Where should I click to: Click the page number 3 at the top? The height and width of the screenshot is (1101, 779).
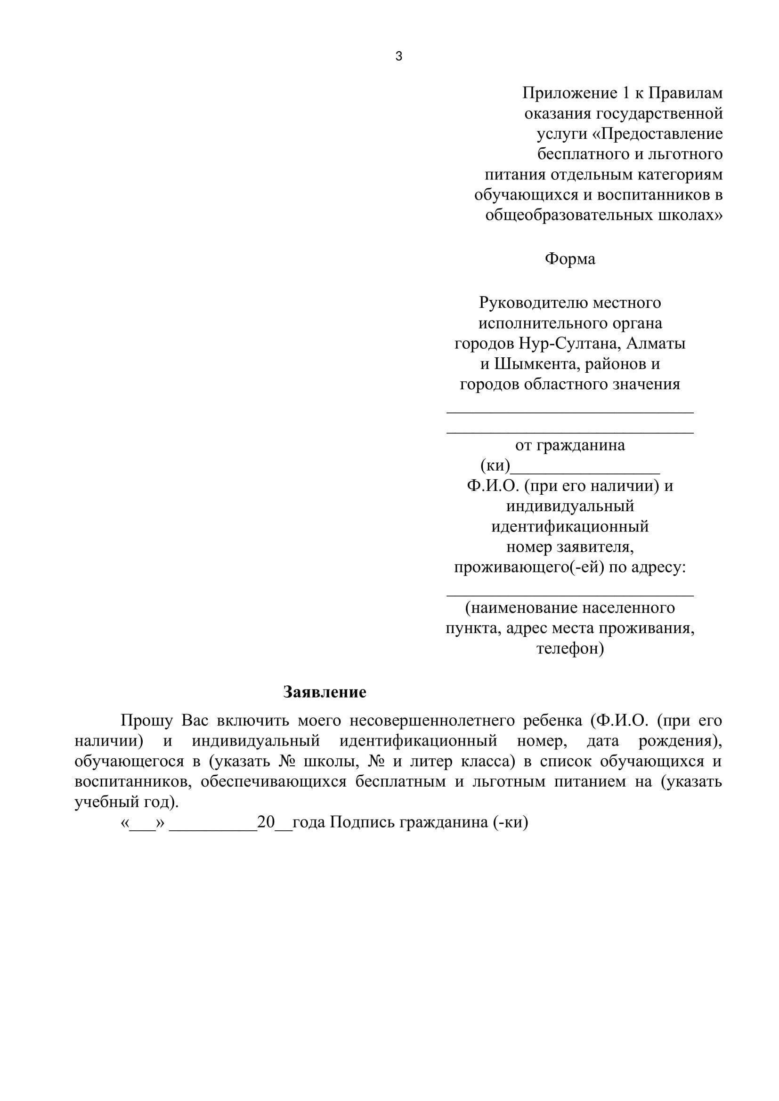398,56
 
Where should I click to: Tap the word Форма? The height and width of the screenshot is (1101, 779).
570,259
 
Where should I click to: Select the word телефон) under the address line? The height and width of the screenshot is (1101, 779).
570,649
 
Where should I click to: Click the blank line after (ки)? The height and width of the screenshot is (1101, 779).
585,467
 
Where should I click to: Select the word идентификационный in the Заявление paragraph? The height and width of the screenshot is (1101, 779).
418,741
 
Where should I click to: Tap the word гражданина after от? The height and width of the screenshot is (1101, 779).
580,445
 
